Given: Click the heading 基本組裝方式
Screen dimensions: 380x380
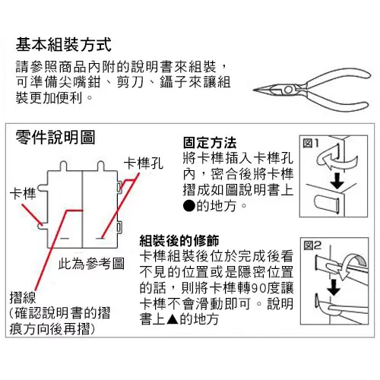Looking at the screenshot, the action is coord(64,45).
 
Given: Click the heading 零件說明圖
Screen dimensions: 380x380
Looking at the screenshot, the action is coord(55,138).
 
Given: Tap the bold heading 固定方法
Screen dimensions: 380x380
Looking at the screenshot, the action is coord(210,143).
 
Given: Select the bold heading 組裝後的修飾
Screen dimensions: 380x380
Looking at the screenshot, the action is coord(179,241).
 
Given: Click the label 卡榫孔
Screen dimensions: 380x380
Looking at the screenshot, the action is coord(144,163).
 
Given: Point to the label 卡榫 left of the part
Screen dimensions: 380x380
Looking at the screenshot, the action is coord(23,194).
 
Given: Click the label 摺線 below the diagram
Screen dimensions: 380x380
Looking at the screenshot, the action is coord(23,297).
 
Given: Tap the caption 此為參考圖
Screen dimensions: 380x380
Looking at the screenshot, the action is coord(91,264).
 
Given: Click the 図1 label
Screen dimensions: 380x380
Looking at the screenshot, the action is coord(311,144).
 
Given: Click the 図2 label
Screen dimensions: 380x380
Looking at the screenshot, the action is coord(312,245).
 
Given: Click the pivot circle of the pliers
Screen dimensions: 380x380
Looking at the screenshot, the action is coord(288,90).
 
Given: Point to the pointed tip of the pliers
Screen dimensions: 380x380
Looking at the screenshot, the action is coord(254,90).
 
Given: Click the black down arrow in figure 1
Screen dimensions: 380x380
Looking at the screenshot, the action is coord(337,181).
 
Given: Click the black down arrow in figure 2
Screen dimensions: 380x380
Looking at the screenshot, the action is coord(334,287).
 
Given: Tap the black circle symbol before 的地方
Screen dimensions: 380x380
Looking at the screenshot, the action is coord(189,206).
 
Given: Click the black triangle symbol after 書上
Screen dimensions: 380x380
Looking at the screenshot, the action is coord(173,319).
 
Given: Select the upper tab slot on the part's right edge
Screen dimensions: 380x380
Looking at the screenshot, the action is coord(119,188).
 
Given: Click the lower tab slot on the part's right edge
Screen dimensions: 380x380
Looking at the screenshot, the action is coord(119,227).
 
